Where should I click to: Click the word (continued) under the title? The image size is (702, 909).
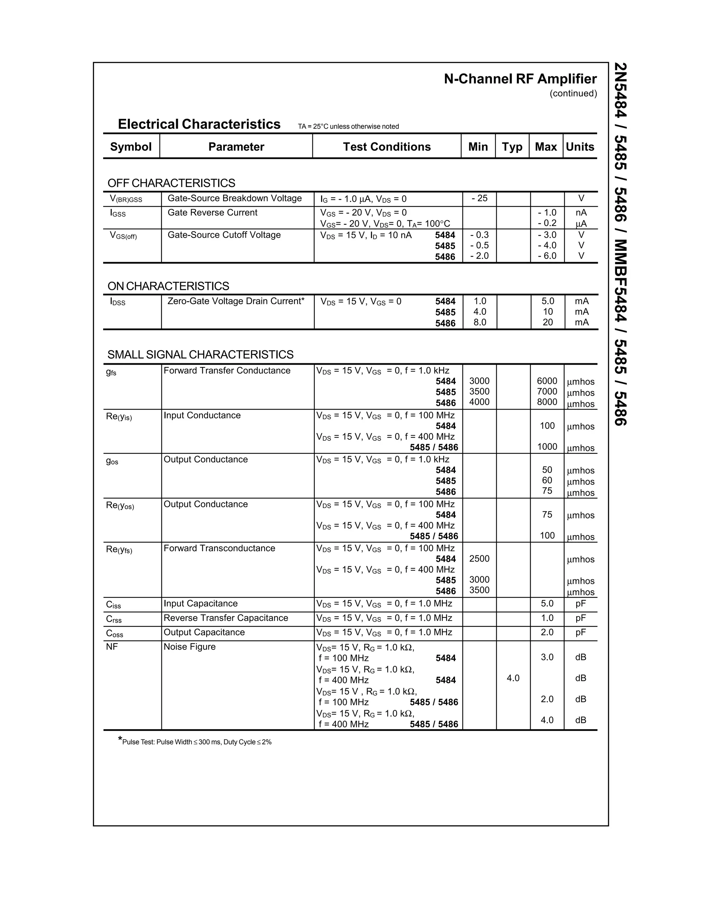(573, 93)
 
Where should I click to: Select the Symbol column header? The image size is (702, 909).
(131, 146)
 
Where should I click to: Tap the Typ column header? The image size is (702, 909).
(512, 146)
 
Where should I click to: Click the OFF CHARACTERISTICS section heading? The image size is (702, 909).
(171, 183)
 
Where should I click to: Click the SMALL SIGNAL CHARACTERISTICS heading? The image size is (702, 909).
(201, 355)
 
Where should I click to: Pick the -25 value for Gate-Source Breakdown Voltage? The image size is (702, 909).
(479, 198)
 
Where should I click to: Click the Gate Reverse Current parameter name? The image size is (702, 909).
(212, 213)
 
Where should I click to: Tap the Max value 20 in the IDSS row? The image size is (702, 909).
(548, 322)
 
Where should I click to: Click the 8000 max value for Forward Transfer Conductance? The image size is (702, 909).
(547, 402)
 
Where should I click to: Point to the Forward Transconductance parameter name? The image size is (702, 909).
(219, 548)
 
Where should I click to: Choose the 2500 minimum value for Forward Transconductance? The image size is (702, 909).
(479, 558)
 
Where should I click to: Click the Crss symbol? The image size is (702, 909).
(114, 619)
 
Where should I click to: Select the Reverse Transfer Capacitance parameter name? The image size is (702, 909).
(226, 618)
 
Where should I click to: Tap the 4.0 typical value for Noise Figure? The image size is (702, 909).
(513, 678)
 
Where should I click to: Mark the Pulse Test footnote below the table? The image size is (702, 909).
(195, 742)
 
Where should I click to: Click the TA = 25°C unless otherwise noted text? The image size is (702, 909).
(348, 127)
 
